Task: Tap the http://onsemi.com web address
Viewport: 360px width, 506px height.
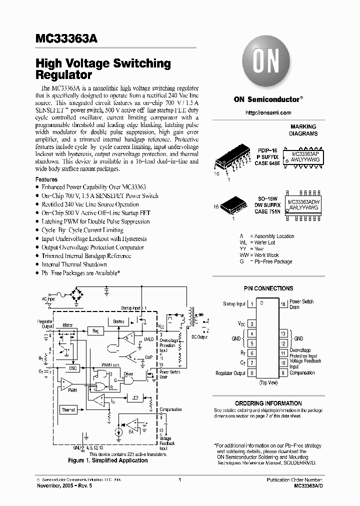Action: coord(268,113)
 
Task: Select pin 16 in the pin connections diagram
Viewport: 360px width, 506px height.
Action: coord(283,303)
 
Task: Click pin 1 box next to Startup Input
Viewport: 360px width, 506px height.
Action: coord(252,303)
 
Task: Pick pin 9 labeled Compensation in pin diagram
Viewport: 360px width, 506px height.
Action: coord(283,372)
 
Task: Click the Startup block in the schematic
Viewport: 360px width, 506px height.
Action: coord(119,321)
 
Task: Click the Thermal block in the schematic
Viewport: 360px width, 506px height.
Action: coord(68,410)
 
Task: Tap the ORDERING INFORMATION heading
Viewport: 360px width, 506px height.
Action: coord(268,403)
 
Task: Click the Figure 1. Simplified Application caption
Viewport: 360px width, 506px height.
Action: coord(107,460)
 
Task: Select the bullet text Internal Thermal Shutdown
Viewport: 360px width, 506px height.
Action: coord(74,264)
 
